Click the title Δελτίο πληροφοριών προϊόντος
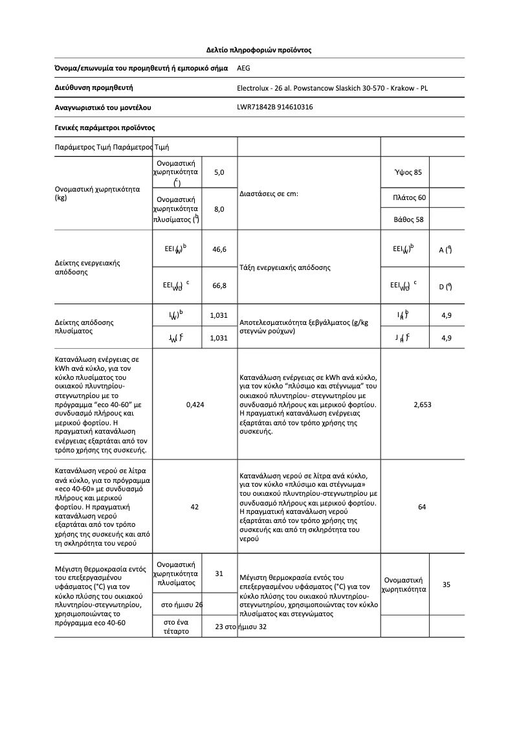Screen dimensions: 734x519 [259, 49]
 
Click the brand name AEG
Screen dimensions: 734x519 [244, 67]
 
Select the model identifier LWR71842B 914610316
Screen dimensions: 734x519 [275, 107]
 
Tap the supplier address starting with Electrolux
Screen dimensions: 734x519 [333, 88]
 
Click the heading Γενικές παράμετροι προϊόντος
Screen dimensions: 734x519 [104, 128]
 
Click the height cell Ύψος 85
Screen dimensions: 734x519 [408, 172]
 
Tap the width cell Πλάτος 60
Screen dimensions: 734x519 [409, 197]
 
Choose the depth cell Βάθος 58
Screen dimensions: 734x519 [408, 219]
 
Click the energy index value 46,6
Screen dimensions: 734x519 [219, 249]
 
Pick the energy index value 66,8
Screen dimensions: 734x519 [219, 285]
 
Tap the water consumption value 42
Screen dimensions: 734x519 [195, 507]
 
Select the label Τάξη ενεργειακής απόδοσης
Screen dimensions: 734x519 [285, 267]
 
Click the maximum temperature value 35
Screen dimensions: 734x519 [447, 585]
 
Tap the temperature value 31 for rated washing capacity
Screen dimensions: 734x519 [219, 573]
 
